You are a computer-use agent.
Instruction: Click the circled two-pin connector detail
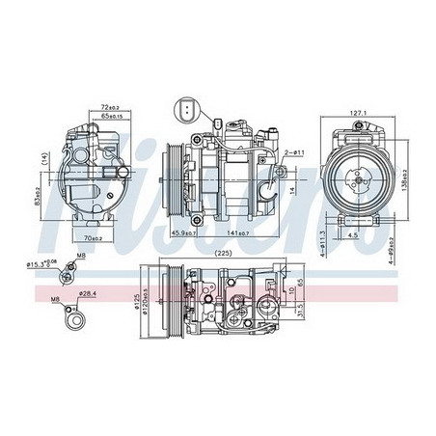click(x=186, y=114)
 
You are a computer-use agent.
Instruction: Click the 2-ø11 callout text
click(x=294, y=152)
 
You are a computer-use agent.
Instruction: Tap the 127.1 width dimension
click(x=359, y=113)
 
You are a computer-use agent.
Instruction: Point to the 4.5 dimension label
click(x=354, y=232)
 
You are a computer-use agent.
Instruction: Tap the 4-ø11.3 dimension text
click(x=322, y=237)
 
